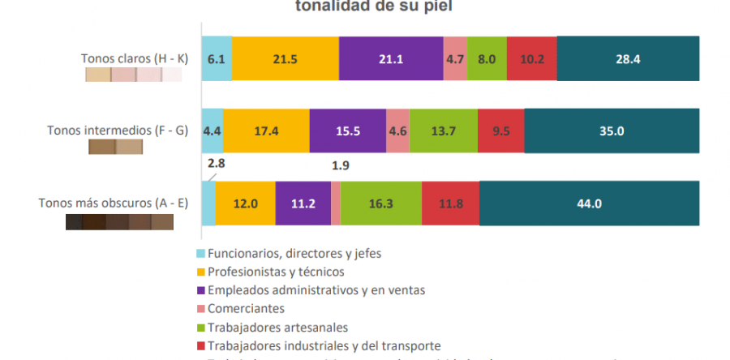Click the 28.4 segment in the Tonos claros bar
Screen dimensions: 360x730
628,58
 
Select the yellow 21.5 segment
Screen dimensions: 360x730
286,58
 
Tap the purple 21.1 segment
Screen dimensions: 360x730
391,58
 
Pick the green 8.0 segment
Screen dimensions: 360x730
487,58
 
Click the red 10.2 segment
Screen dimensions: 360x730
531,58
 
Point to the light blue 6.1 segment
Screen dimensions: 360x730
217,58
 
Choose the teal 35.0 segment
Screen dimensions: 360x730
612,131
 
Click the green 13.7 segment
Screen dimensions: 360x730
443,131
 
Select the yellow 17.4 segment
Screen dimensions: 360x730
266,131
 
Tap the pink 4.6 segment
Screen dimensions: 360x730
397,131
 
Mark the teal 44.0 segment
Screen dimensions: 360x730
589,204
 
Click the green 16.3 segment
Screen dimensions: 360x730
380,204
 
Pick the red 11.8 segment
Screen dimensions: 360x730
450,204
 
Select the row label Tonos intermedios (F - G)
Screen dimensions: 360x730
118,130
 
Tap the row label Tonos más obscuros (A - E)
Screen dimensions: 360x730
113,203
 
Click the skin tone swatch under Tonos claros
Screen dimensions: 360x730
133,75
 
